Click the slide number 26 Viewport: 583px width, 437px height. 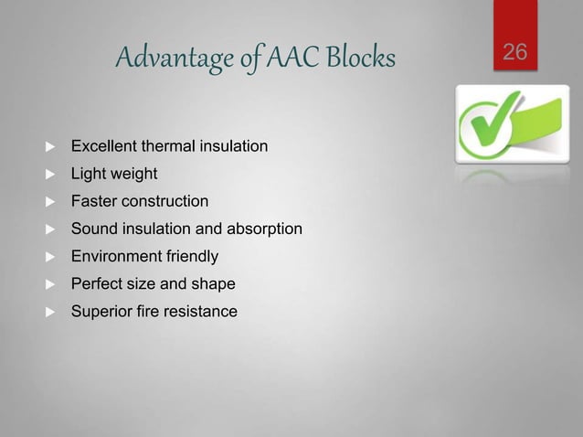pos(515,52)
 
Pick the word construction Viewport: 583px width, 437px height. pos(165,201)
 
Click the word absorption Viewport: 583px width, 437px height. pos(266,229)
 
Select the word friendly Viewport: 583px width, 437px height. pos(189,257)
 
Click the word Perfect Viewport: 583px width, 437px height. pos(96,284)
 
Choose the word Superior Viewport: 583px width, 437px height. pos(101,312)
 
